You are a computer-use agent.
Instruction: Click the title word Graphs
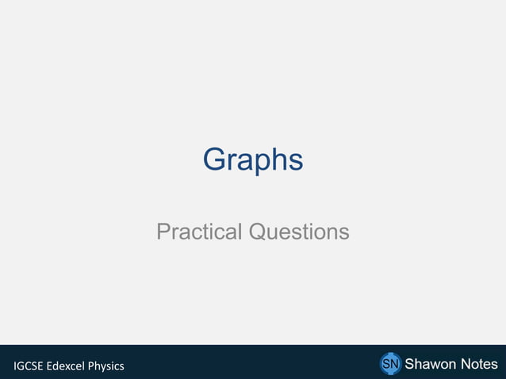click(253, 160)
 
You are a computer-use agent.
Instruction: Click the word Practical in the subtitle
click(200, 232)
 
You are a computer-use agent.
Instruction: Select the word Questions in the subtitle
click(299, 232)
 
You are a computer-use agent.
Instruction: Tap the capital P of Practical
click(163, 232)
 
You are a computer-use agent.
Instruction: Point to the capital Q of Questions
click(258, 232)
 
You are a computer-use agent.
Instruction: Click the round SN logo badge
click(390, 364)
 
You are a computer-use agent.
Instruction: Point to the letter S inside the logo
click(386, 364)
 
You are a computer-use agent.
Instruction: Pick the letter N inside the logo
click(394, 364)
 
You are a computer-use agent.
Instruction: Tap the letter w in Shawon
click(435, 364)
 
